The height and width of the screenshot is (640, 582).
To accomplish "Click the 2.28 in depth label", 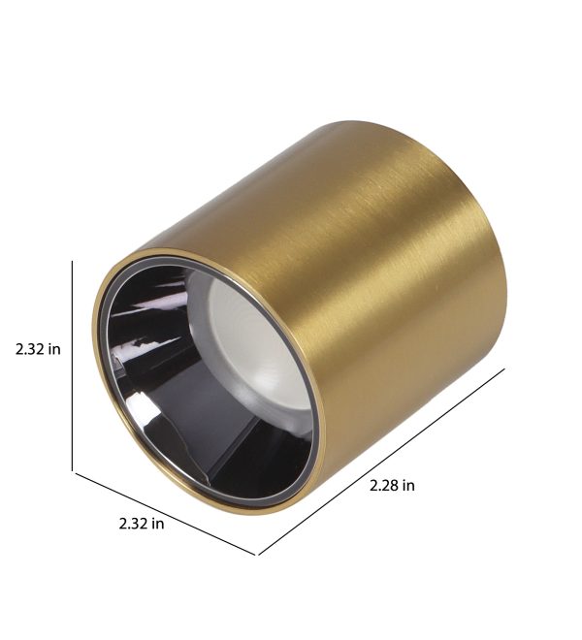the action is (392, 485).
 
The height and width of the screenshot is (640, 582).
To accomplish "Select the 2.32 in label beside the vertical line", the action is (38, 349).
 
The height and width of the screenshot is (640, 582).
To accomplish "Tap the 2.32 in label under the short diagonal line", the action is (142, 524).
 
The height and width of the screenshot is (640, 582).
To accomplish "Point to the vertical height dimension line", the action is (73, 366).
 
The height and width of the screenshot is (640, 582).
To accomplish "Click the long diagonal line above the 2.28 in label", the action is (382, 462).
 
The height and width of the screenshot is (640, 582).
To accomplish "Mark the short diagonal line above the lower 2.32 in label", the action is (165, 513).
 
